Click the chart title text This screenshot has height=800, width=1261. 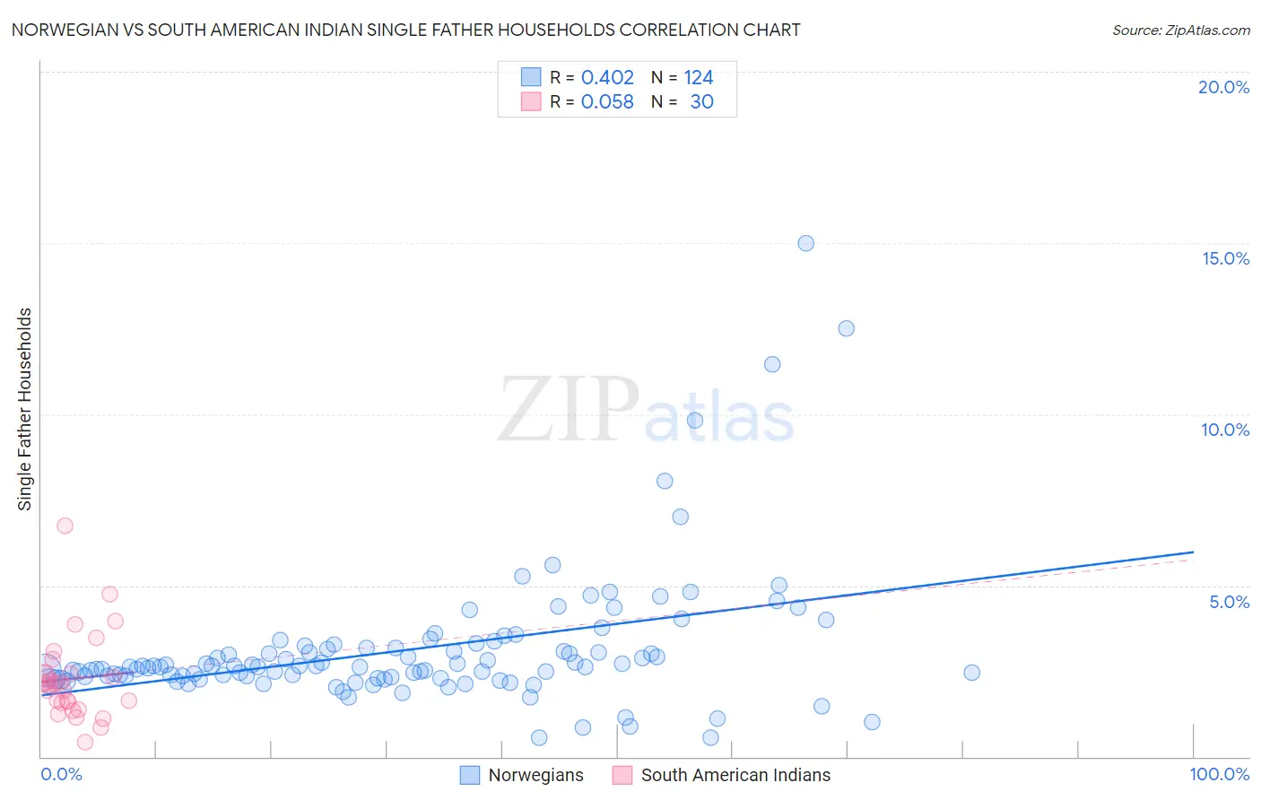tap(405, 30)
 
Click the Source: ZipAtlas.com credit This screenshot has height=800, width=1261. tap(1180, 30)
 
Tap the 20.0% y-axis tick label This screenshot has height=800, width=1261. tap(1223, 87)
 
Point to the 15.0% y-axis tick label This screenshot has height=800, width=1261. tap(1225, 258)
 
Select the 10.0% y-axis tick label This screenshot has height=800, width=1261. tap(1225, 430)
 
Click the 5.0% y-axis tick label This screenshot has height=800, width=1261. tap(1229, 602)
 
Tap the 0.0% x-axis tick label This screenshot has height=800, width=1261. tap(61, 774)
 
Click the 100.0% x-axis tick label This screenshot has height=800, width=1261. tap(1219, 774)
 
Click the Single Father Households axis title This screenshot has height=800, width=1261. tap(25, 409)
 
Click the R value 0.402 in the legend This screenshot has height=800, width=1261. tap(607, 78)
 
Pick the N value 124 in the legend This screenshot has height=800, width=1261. tap(699, 78)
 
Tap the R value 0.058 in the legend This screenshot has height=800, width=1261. tap(607, 102)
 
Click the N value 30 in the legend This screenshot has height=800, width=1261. tap(701, 102)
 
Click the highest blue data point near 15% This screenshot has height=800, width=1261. tap(805, 243)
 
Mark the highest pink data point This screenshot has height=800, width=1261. tap(65, 526)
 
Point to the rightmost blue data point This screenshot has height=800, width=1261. tap(971, 673)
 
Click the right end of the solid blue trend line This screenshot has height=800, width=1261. tap(1193, 552)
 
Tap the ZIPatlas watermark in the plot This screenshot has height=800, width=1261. tap(646, 411)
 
